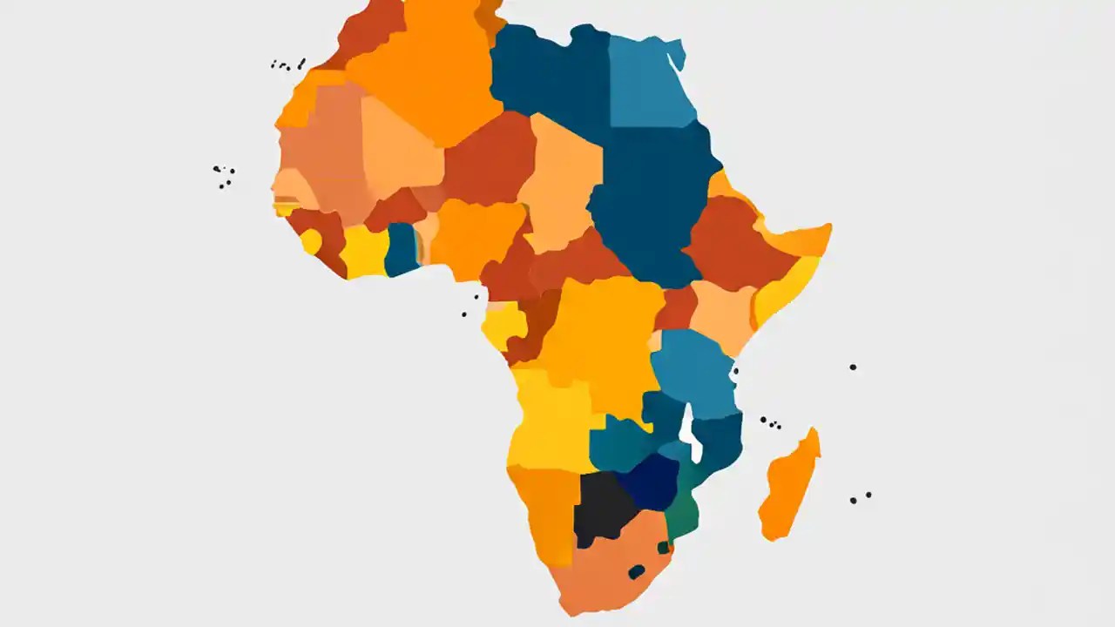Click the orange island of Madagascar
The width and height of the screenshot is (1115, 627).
[788, 488]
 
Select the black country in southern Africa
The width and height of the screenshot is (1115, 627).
[603, 506]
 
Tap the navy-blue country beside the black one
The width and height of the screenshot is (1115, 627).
[650, 481]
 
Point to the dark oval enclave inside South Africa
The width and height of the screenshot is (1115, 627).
[637, 571]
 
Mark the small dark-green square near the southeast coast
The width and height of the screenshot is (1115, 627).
[664, 547]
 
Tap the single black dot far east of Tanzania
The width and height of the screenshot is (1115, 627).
[853, 367]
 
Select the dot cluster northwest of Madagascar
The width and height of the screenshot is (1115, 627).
[770, 422]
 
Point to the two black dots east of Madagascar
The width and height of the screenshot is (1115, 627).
[861, 497]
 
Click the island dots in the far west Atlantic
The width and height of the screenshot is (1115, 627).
[224, 176]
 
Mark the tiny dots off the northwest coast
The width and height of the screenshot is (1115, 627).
[287, 64]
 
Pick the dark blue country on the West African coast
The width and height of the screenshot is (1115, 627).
[401, 248]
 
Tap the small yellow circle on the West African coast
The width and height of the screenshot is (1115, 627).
[311, 241]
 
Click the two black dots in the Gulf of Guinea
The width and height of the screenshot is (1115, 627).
[470, 304]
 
